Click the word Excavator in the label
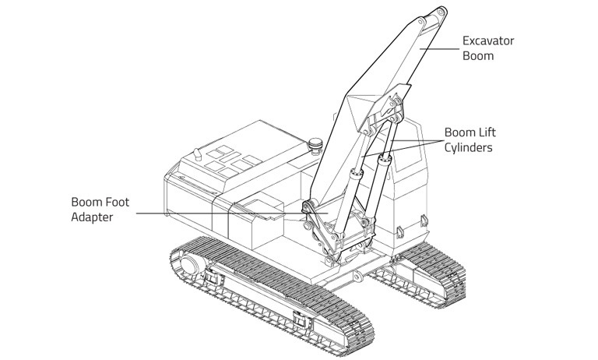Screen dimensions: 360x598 488,41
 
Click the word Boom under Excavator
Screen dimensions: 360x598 478,56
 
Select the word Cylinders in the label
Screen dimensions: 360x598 468,146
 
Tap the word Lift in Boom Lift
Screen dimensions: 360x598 485,132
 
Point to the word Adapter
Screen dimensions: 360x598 86,217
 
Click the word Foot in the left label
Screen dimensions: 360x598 115,202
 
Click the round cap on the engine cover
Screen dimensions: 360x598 316,144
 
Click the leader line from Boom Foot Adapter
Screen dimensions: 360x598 210,213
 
